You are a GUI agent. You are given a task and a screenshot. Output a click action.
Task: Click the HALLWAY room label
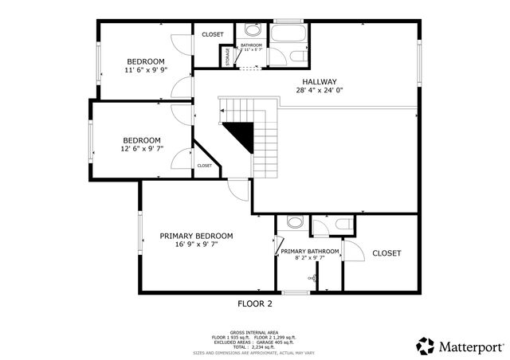320,81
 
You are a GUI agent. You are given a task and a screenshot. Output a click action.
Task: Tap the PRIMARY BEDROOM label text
196,236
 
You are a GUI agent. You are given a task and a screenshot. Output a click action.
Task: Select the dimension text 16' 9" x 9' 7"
196,245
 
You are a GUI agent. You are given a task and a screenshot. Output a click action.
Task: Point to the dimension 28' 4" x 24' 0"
320,90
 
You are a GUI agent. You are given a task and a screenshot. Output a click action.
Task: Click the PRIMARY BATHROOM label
310,252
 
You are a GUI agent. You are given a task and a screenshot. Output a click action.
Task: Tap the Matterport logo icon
426,346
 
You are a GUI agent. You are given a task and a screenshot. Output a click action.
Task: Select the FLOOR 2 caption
255,303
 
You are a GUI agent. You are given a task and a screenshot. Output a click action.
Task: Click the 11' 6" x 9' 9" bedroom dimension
146,71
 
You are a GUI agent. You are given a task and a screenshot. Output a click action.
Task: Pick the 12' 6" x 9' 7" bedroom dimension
141,149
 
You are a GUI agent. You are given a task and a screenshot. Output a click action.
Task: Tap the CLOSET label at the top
212,35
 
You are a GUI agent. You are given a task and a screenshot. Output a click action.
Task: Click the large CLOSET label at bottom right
386,253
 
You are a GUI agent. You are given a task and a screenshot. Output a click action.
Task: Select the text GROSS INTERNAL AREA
254,332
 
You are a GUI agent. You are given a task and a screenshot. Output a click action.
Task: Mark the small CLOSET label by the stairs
205,166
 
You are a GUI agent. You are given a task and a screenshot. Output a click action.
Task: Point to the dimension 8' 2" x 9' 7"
310,258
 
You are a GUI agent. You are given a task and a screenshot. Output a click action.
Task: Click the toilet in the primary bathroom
294,222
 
